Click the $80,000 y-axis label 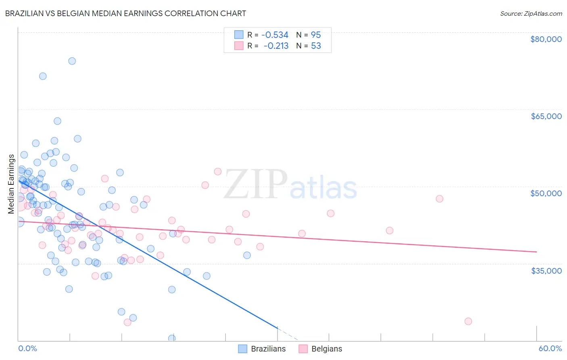click(546, 39)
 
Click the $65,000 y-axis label click(546, 116)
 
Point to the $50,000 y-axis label click(546, 193)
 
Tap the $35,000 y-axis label click(546, 271)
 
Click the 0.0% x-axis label click(27, 348)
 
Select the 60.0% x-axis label click(550, 348)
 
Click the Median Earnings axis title click(11, 184)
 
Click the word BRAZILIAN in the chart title click(29, 13)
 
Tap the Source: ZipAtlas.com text click(531, 14)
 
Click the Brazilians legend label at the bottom click(268, 349)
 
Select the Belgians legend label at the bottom click(327, 349)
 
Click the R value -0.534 click(275, 35)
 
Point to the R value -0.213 click(276, 46)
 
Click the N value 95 click(316, 35)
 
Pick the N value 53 click(316, 46)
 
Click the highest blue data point click(72, 61)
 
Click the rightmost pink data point click(468, 321)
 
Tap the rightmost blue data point click(247, 255)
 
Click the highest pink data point click(218, 172)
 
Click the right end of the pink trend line click(536, 252)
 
